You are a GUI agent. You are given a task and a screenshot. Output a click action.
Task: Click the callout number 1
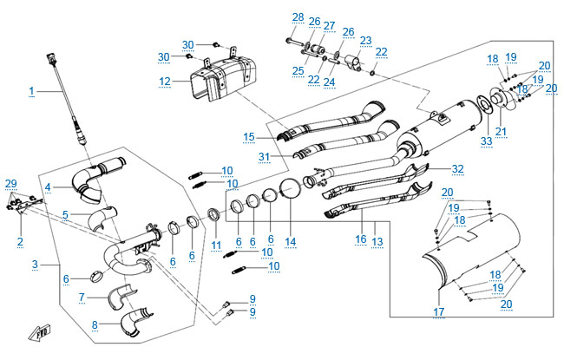point(32,90)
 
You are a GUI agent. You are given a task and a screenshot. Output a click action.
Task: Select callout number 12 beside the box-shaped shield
point(165,81)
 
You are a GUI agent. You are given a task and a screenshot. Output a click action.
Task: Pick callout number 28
point(298,17)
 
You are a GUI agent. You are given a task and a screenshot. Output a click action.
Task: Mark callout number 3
point(34,264)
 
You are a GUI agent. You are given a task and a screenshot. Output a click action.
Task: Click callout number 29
point(10,183)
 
